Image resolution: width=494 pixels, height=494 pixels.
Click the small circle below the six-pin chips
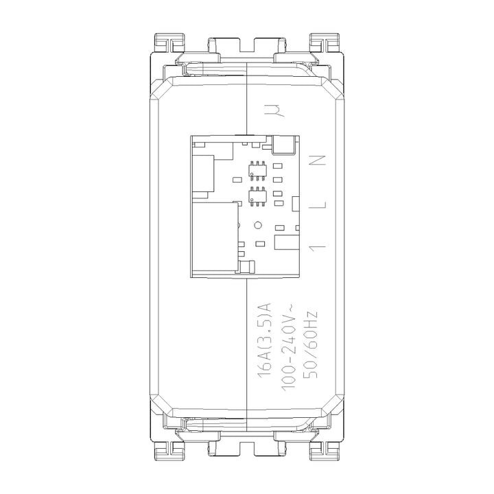click(x=258, y=224)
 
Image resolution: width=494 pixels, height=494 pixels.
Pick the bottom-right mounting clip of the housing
click(x=324, y=449)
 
